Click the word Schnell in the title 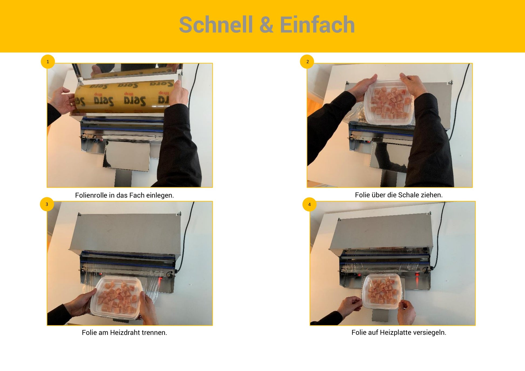coord(216,25)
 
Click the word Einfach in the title coord(317,25)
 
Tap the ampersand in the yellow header coord(267,25)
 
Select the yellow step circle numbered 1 coord(48,62)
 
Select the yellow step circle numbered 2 coord(307,62)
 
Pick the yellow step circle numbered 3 coord(47,204)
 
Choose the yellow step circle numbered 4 coord(309,204)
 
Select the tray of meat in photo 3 coord(117,298)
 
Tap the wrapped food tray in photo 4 coord(381,291)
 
